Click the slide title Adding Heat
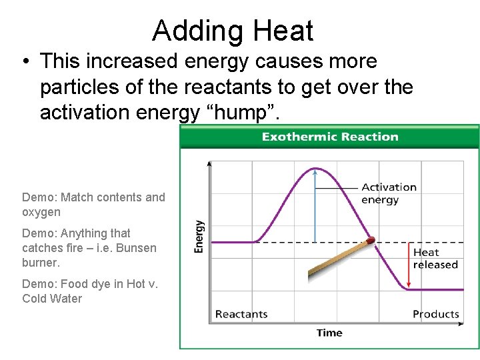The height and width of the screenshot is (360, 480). point(232,31)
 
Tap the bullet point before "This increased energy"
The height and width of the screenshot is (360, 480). point(25,62)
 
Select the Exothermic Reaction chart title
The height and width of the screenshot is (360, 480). point(330,137)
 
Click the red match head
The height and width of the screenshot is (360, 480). point(371,241)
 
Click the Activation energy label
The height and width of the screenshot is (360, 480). point(389,193)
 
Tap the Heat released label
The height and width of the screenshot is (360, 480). point(435,259)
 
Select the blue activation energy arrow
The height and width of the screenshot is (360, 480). point(315,207)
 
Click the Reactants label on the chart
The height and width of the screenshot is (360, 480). point(241,314)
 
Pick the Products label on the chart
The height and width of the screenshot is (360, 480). point(436,314)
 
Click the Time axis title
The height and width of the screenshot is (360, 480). point(329,333)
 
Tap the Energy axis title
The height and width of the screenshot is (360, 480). point(199,237)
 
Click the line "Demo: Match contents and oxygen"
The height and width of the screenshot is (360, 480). point(93,205)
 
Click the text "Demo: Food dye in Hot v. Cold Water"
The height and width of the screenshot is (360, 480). point(90,291)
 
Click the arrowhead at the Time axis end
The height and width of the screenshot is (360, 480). point(461,324)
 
